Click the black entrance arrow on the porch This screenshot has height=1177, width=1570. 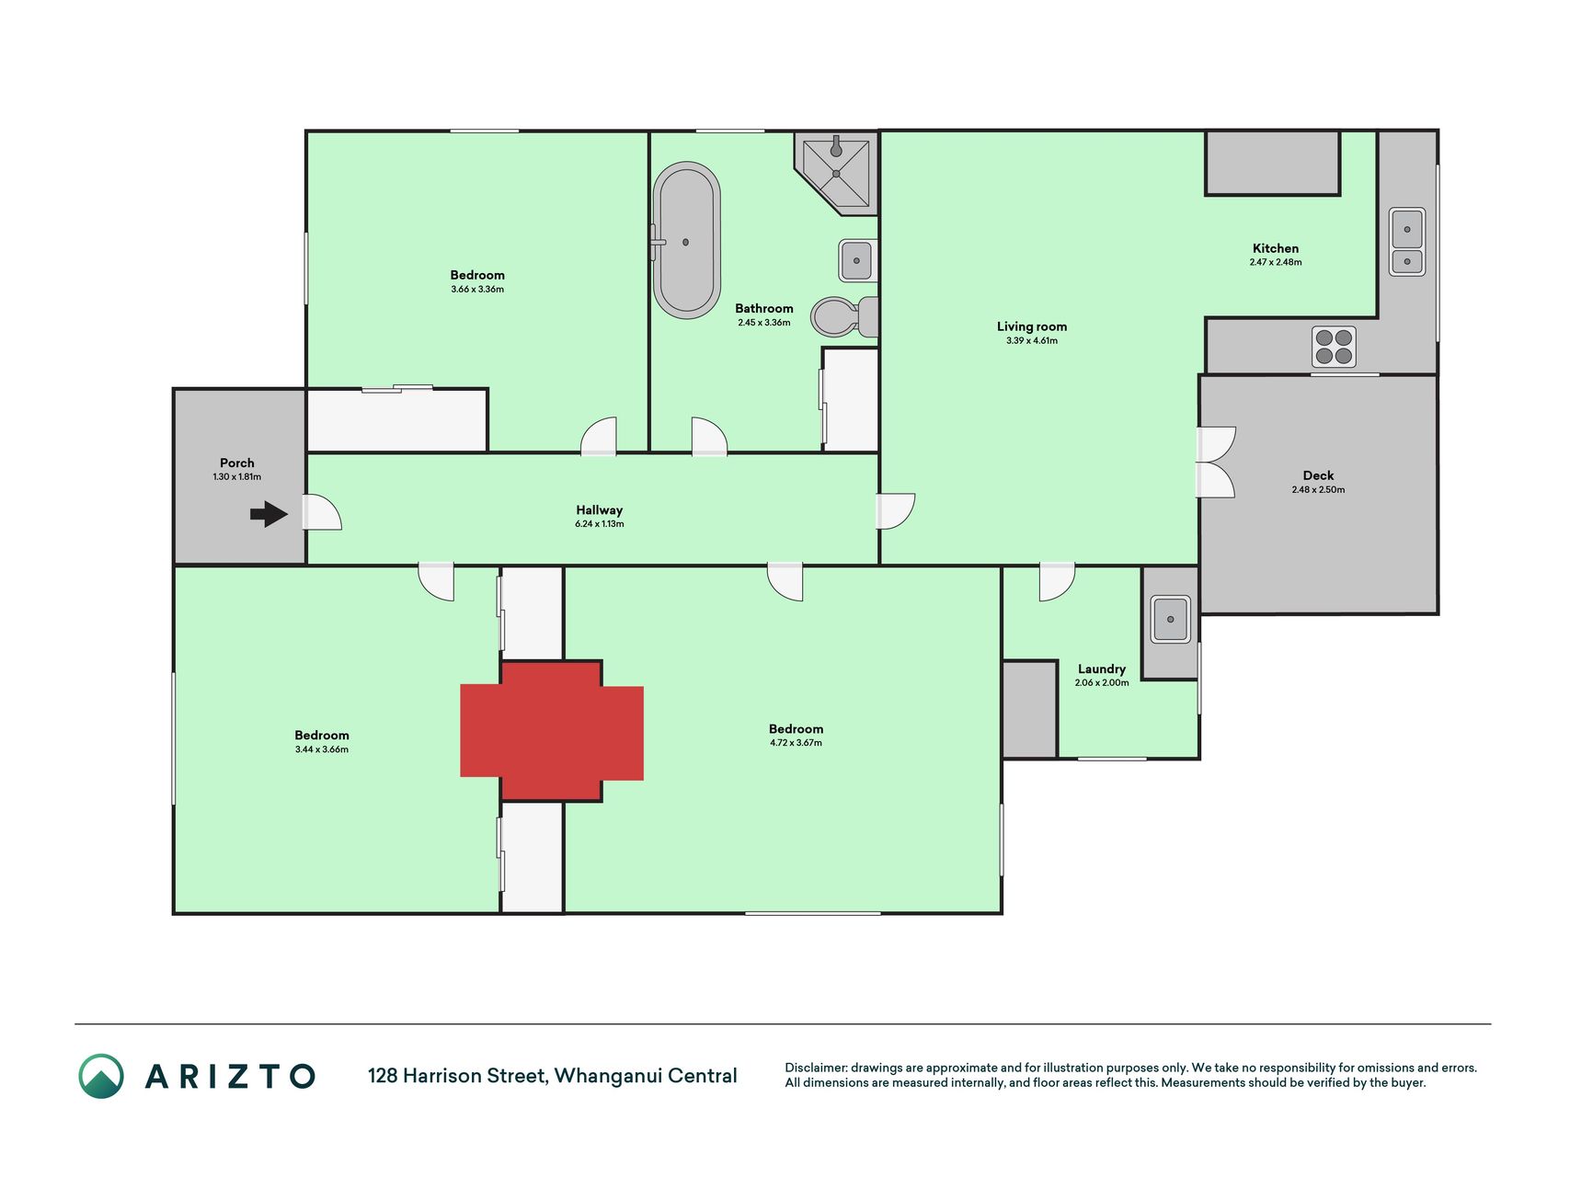pos(269,514)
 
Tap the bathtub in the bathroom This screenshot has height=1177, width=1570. pos(686,241)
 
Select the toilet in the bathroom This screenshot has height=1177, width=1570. pos(844,316)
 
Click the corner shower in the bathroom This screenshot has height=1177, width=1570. pos(837,173)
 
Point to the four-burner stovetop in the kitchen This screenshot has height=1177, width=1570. pos(1334,347)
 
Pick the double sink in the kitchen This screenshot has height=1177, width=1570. pos(1407,241)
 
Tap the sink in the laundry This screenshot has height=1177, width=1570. pos(1171,619)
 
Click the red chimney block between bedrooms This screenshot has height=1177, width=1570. pos(552,731)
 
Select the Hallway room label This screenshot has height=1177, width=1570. pos(600,510)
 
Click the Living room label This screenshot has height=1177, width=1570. pos(1032,326)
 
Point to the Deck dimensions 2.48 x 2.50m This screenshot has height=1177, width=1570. pos(1318,490)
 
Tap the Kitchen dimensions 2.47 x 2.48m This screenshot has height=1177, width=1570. pos(1276,262)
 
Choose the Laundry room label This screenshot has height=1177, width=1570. pos(1102,669)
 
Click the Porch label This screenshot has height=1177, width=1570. pos(237,463)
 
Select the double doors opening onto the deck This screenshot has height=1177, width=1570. pos(1215,463)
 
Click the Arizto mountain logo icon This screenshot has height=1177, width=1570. pos(101,1076)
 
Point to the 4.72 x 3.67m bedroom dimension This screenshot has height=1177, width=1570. pos(796,743)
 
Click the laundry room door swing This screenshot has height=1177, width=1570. pos(1057,581)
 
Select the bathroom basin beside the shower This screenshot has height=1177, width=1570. pos(857,260)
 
